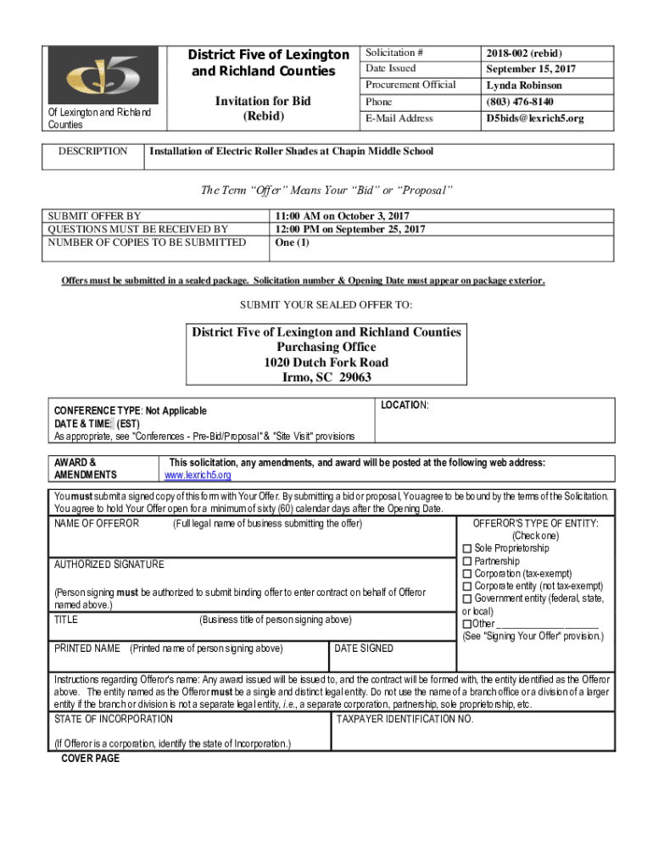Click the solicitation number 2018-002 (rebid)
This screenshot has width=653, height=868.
(x=524, y=53)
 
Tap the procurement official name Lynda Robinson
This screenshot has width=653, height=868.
(x=524, y=86)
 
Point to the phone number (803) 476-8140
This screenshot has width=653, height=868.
(x=520, y=102)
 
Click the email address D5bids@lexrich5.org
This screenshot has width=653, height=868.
(x=534, y=119)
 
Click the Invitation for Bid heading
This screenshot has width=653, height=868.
(x=263, y=102)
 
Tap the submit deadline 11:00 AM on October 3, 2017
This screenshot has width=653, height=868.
(x=341, y=216)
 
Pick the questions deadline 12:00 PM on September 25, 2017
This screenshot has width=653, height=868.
(x=349, y=229)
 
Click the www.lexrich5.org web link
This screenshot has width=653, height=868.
(x=198, y=476)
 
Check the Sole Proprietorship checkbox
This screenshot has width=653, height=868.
(x=467, y=548)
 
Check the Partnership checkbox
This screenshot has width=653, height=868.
(x=467, y=561)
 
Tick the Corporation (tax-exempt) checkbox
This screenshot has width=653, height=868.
(x=467, y=574)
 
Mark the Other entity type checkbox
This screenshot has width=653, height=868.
(x=467, y=624)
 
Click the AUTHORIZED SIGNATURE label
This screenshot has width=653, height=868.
(x=109, y=565)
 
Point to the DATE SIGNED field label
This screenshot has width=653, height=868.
(x=364, y=648)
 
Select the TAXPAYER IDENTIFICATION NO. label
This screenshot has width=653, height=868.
(x=405, y=720)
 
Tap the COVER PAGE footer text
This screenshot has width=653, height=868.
(x=91, y=759)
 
